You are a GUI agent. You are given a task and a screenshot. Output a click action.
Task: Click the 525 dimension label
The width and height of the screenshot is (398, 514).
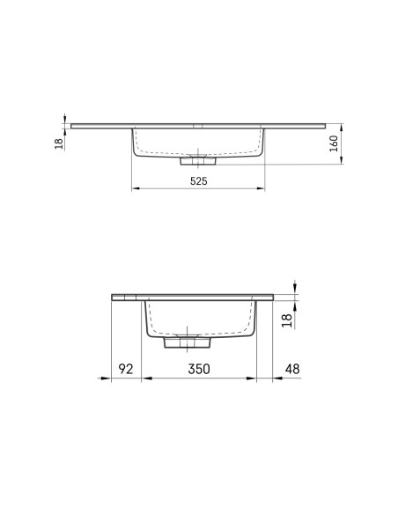[x=199, y=180]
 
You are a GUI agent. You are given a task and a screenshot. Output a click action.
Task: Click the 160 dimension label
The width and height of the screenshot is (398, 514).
[x=334, y=143]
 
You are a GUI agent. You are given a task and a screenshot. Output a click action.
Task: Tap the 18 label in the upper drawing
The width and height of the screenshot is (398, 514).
[x=59, y=143]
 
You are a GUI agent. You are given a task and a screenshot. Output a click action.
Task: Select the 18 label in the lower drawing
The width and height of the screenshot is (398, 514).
[x=286, y=320]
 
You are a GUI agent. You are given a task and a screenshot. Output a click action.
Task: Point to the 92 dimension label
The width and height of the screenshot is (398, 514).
[x=126, y=369]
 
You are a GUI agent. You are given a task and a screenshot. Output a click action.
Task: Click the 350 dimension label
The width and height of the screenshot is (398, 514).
[x=199, y=369]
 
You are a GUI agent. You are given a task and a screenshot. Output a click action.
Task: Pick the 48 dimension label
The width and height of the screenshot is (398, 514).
[x=292, y=369]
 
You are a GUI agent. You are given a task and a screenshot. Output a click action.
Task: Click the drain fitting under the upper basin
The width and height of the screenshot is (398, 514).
[x=198, y=160]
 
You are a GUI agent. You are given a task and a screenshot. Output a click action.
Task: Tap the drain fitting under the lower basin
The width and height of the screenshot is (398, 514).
[x=187, y=342]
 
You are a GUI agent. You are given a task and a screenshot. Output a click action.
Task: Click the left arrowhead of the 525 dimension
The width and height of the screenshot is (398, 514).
[x=136, y=188]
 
